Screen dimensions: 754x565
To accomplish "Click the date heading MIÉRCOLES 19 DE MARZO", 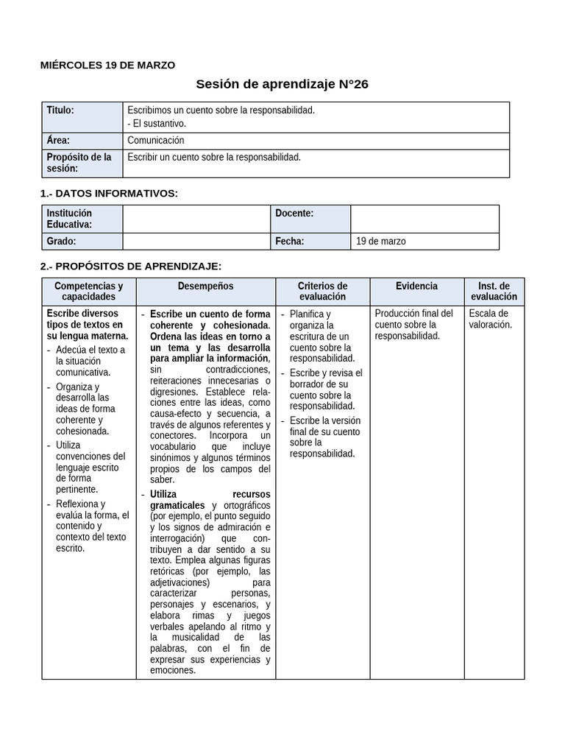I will [x=107, y=65].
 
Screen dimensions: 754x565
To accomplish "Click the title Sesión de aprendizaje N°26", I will [x=282, y=85].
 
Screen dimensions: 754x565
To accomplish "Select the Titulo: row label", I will [x=60, y=110].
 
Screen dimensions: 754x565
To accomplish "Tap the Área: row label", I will [x=58, y=140].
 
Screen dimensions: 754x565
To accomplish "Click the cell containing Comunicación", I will [x=156, y=140].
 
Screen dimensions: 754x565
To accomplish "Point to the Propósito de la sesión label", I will [x=79, y=163].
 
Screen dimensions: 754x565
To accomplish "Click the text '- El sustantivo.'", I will [x=157, y=124].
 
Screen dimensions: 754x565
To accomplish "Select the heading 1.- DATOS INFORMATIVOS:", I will [x=108, y=194].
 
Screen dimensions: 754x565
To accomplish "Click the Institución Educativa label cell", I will [x=70, y=219].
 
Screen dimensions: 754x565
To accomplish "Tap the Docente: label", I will [x=294, y=214].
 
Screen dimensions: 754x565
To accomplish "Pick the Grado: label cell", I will [x=62, y=241].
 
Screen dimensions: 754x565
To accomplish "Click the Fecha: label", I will [x=290, y=241].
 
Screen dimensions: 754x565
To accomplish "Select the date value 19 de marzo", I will [x=381, y=241].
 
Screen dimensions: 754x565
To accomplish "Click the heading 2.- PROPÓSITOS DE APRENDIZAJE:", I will [x=130, y=266].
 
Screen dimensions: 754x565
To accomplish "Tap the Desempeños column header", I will [x=205, y=286].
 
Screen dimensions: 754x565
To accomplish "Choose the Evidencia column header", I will [x=416, y=286].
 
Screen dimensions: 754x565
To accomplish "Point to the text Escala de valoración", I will [x=490, y=319].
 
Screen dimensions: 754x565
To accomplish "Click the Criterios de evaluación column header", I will [x=322, y=291].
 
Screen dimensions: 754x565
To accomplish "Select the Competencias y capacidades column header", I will [x=88, y=291].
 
